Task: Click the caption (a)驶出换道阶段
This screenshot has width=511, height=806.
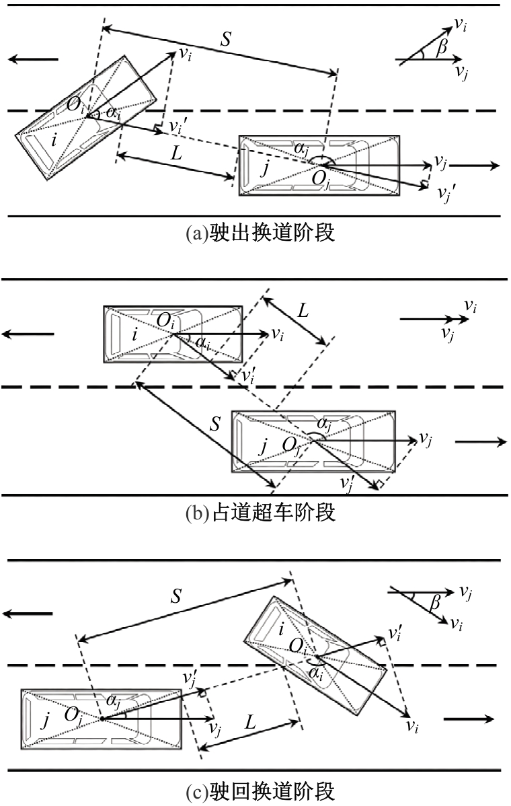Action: pyautogui.click(x=260, y=233)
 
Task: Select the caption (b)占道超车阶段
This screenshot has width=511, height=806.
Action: pyautogui.click(x=260, y=513)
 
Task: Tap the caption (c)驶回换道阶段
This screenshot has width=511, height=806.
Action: pyautogui.click(x=260, y=792)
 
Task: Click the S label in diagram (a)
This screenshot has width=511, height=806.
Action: pyautogui.click(x=225, y=39)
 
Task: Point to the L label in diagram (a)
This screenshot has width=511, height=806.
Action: pyautogui.click(x=175, y=153)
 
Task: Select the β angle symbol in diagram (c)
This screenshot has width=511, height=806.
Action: pyautogui.click(x=436, y=601)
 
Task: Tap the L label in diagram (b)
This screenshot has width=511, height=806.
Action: pyautogui.click(x=303, y=310)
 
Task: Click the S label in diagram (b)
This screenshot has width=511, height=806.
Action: pyautogui.click(x=215, y=424)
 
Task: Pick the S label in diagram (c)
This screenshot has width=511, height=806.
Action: pyautogui.click(x=176, y=596)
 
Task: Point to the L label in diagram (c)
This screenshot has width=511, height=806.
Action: pyautogui.click(x=249, y=722)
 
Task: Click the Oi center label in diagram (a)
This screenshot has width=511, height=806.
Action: pyautogui.click(x=75, y=106)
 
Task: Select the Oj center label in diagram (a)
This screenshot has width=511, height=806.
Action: pyautogui.click(x=321, y=180)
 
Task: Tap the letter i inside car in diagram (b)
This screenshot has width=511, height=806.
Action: pyautogui.click(x=135, y=334)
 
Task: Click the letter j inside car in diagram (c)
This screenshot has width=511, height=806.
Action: pyautogui.click(x=46, y=720)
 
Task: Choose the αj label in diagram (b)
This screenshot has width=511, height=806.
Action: pyautogui.click(x=324, y=425)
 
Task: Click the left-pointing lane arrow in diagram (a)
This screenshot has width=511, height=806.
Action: pyautogui.click(x=34, y=59)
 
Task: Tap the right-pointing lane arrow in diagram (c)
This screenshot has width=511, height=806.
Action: pyautogui.click(x=469, y=719)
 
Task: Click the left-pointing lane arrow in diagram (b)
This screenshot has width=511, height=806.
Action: pyautogui.click(x=28, y=334)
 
